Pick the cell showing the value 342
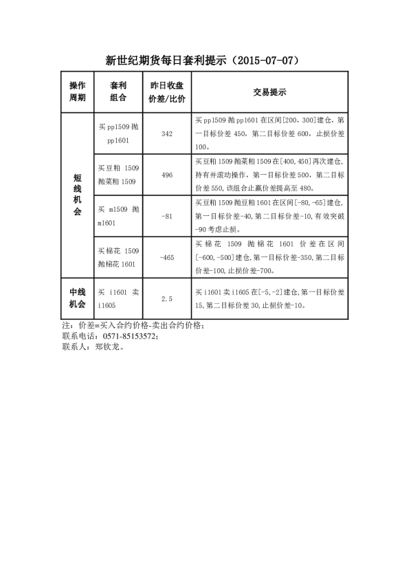(x=166, y=133)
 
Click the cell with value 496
(x=166, y=175)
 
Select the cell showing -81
(x=166, y=216)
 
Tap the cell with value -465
(x=166, y=257)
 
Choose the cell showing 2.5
(x=166, y=298)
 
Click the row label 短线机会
(x=78, y=195)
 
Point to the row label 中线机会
(x=78, y=298)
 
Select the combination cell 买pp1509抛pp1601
(x=119, y=133)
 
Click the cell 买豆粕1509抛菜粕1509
(x=119, y=175)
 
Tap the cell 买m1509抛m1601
(x=119, y=216)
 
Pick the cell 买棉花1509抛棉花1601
(x=119, y=257)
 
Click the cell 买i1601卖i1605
(x=119, y=298)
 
